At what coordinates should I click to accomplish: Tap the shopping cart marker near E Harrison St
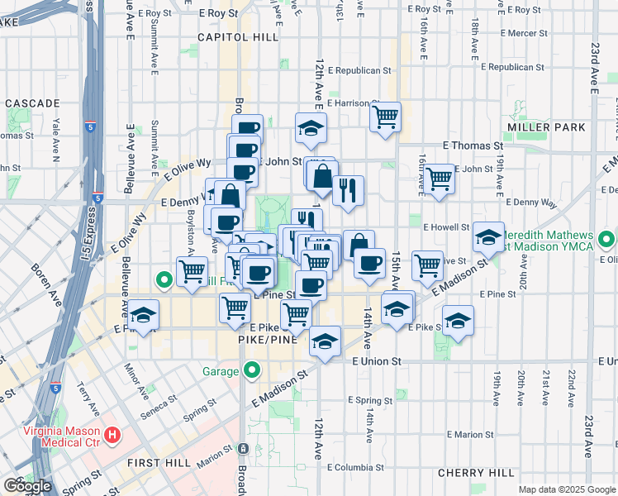[386, 117]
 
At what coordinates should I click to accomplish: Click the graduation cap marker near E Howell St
[489, 237]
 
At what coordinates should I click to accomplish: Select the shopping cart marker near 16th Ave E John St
[439, 177]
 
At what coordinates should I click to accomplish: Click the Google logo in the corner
[27, 486]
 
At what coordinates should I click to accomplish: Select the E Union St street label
[376, 361]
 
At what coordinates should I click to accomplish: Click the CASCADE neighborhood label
[33, 103]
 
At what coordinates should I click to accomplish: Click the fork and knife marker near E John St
[349, 189]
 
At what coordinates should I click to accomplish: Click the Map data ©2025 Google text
[567, 489]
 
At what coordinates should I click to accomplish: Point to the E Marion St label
[468, 434]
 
